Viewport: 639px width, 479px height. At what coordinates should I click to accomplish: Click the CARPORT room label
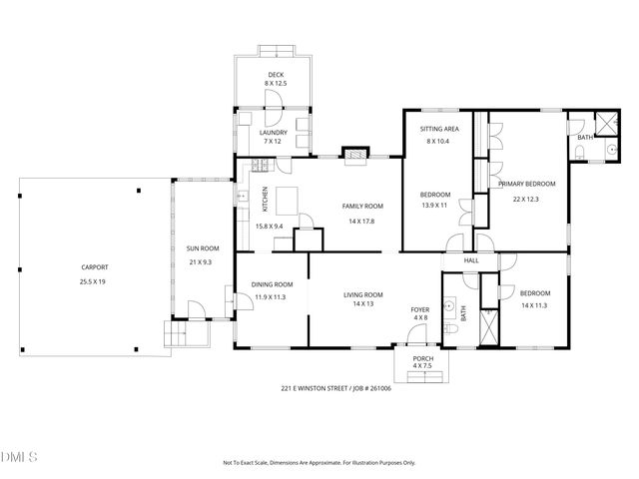[x=95, y=267]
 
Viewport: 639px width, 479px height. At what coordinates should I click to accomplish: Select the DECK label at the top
[x=276, y=75]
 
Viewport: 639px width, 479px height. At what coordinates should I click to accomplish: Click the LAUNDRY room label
[x=274, y=133]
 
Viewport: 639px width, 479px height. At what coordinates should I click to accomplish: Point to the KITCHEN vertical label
[x=265, y=200]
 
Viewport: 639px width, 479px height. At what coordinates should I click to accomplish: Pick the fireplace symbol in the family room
[x=355, y=154]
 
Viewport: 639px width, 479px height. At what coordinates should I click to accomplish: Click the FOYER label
[x=420, y=309]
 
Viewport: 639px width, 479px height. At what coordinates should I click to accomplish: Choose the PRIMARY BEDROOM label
[x=525, y=184]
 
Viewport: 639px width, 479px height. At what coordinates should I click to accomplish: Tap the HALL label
[x=471, y=260]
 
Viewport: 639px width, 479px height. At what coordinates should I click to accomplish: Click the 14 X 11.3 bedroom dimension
[x=533, y=305]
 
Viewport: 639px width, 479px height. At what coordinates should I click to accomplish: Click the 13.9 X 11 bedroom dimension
[x=434, y=206]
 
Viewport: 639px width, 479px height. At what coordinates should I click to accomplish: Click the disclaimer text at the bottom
[x=319, y=463]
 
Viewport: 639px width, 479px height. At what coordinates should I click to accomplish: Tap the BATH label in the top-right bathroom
[x=584, y=137]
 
